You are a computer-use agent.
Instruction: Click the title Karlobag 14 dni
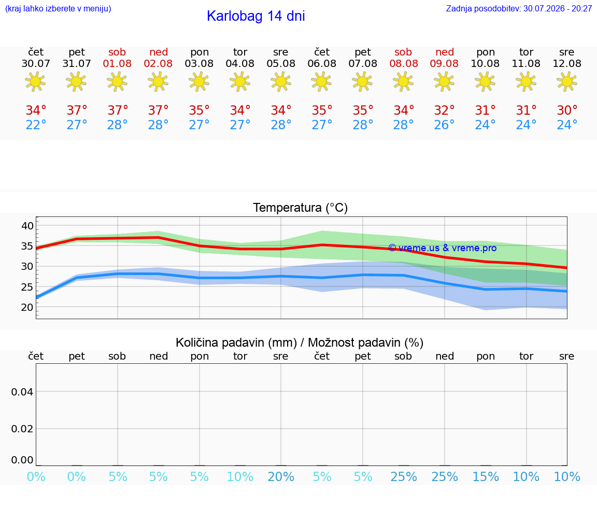click(x=256, y=16)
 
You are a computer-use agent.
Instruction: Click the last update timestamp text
click(x=519, y=8)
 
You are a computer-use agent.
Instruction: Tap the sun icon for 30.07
click(x=35, y=82)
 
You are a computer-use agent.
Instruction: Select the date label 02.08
click(x=158, y=64)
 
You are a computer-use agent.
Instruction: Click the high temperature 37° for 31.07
click(x=77, y=111)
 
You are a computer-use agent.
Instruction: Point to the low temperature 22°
click(x=36, y=125)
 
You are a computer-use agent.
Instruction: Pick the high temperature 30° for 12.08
click(x=567, y=111)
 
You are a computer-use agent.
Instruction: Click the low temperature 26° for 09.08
click(x=444, y=125)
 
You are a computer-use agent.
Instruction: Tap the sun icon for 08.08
click(x=403, y=82)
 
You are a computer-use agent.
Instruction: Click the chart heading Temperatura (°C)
click(x=301, y=208)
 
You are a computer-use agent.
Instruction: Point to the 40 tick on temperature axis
click(x=27, y=226)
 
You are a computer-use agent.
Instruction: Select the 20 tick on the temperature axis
click(x=27, y=307)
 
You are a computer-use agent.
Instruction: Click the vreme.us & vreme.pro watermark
click(x=443, y=248)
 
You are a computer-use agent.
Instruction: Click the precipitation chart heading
click(x=300, y=343)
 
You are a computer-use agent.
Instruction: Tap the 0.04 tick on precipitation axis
click(x=22, y=392)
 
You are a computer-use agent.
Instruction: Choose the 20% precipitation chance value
click(x=281, y=477)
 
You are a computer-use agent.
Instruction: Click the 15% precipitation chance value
click(x=486, y=477)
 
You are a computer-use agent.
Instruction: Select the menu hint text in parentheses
click(x=58, y=8)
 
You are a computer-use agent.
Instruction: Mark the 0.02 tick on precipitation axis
click(x=22, y=429)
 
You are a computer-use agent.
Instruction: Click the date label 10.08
click(x=485, y=64)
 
